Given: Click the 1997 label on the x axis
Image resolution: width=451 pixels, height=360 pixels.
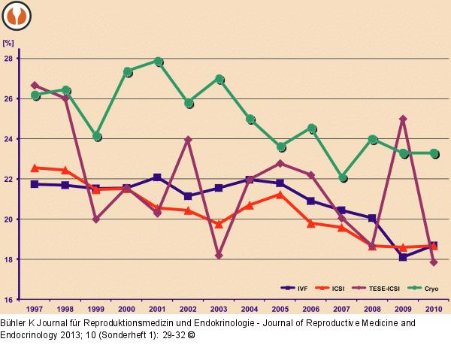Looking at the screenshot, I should pos(35,309).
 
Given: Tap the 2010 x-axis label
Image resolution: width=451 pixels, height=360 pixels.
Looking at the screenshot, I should pos(433,309).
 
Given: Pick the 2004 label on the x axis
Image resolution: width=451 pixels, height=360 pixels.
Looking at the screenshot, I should pos(250,309).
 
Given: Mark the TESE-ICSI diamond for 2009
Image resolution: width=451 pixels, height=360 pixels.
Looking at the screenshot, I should pos(403,119).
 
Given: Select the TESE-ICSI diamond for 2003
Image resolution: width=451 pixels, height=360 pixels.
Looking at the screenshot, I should pos(219,256).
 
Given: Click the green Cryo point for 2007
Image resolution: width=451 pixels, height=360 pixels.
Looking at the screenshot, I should pos(342,177).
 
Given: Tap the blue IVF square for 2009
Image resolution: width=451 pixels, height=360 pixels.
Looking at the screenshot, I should pos(403,257).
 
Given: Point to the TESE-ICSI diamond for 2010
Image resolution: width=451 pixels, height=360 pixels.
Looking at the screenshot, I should pos(434,262).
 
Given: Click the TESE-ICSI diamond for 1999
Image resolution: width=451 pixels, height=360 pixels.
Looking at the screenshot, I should pos(95,219).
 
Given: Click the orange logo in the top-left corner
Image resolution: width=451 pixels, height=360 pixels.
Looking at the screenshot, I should pos(16,14).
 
